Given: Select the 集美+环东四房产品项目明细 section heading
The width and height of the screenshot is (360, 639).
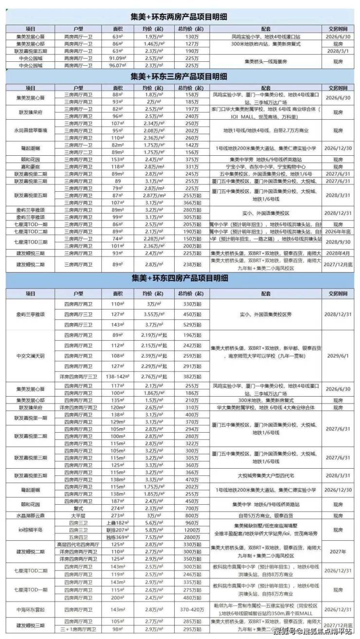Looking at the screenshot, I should coord(180,279).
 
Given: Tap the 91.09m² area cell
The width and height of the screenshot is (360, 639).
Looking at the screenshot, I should coord(116,58).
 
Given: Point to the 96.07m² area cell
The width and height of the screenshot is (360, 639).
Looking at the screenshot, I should coord(116,65).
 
